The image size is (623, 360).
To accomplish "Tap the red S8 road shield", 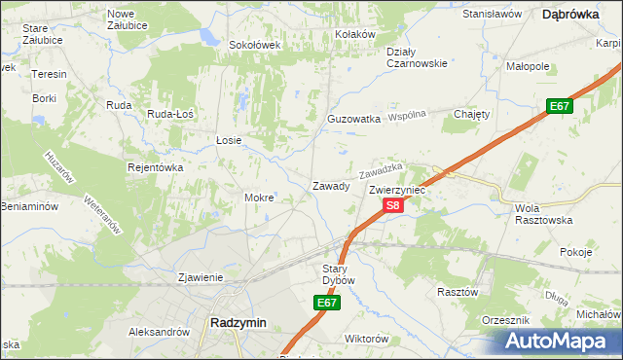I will (391, 205).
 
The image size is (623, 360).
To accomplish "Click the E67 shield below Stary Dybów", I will (327, 304).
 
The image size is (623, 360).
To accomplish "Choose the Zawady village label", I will (330, 186).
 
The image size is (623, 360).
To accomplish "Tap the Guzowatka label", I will (353, 119).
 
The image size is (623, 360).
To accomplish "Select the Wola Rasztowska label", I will (541, 214).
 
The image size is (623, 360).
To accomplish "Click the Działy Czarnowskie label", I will (416, 57).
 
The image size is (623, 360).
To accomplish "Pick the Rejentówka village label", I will (156, 167).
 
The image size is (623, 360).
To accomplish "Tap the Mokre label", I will (259, 198).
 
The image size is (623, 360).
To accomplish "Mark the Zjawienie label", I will (202, 277).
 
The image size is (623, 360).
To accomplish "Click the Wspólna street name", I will (409, 116).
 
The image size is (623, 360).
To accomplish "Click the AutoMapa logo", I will (558, 342).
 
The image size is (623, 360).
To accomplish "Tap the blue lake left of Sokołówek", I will (208, 37).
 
